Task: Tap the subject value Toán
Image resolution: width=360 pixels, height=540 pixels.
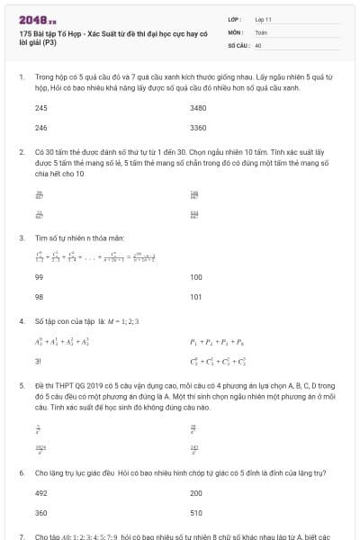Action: pyautogui.click(x=261, y=31)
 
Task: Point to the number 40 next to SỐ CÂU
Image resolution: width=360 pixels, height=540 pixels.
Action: pyautogui.click(x=258, y=44)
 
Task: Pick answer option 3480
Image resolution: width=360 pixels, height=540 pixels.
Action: pyautogui.click(x=198, y=107)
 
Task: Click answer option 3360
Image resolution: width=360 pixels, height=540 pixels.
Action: pyautogui.click(x=198, y=128)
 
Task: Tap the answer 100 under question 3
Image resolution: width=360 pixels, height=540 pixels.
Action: pyautogui.click(x=196, y=278)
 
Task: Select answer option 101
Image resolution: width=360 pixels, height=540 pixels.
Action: pyautogui.click(x=196, y=296)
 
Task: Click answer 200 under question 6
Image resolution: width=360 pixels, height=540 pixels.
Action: pyautogui.click(x=196, y=493)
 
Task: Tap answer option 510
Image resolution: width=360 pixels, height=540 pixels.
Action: pyautogui.click(x=196, y=512)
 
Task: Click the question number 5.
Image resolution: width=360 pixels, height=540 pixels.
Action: pyautogui.click(x=22, y=384)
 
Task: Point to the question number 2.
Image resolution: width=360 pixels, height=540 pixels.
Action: pyautogui.click(x=22, y=153)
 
